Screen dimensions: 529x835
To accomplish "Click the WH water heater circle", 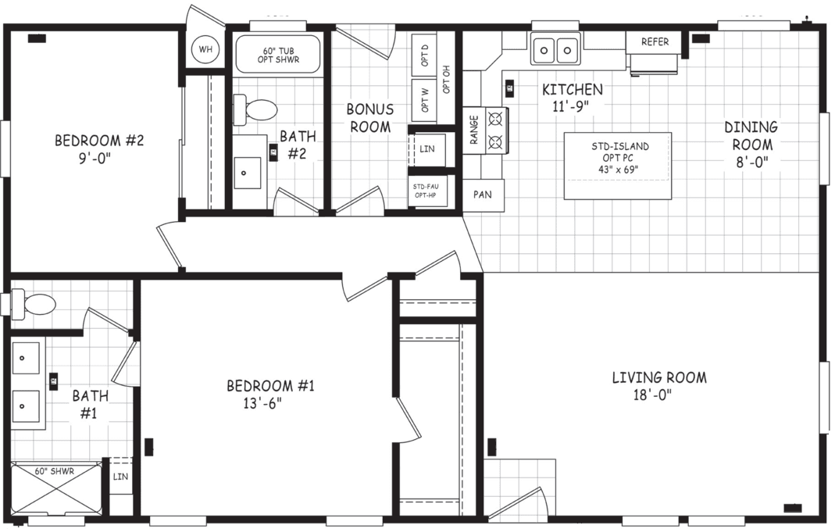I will (x=205, y=50).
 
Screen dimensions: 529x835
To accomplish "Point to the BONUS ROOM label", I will (x=369, y=118).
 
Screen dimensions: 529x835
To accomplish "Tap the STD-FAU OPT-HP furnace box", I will (x=427, y=191).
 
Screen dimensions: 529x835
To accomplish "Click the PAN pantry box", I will (x=483, y=195).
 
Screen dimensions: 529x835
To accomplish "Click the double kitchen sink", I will (x=555, y=50).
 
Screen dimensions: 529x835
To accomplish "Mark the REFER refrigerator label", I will (x=655, y=42).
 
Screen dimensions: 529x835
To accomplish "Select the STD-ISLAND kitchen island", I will (x=618, y=166).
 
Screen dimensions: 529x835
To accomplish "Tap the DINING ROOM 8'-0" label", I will (x=751, y=145).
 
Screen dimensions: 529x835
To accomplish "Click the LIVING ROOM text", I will (x=658, y=378).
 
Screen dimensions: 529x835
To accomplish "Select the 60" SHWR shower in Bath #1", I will (x=55, y=489).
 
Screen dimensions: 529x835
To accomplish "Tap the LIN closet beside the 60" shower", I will (x=120, y=477).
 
